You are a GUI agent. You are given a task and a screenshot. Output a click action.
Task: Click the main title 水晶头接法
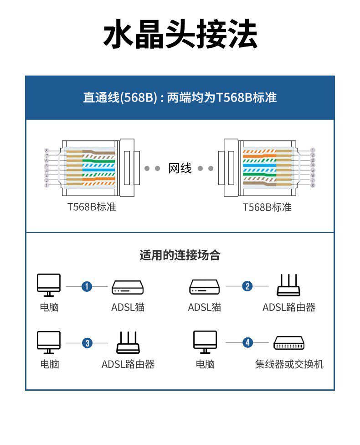point(180,35)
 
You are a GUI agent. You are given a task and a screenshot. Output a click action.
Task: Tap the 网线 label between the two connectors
point(180,168)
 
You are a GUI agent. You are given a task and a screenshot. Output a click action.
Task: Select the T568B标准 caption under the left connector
point(92,207)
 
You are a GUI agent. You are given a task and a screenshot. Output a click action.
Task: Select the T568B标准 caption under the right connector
point(267,207)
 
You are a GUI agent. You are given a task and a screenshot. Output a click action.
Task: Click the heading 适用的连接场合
point(180,255)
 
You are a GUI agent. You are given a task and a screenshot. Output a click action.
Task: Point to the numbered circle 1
point(87,286)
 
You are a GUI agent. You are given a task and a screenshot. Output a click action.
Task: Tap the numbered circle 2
point(247,286)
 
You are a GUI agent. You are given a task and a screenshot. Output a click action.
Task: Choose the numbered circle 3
point(87,343)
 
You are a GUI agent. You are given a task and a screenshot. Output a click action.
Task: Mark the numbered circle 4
point(247,342)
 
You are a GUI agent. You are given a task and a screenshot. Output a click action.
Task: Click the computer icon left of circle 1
point(49,285)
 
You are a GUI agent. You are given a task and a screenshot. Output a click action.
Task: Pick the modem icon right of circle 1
point(128,287)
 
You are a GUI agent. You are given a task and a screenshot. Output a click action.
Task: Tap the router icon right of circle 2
point(289,285)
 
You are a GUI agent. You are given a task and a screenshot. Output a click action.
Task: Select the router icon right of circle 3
point(128,342)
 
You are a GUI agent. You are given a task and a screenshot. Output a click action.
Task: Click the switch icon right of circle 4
point(289,343)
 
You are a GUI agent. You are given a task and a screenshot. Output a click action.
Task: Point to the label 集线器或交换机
point(289,364)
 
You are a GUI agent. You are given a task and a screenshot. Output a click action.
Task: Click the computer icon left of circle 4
point(205,342)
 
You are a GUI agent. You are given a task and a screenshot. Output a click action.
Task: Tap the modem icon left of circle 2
point(205,287)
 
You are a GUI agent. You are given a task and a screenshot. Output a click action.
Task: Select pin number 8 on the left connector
point(46,150)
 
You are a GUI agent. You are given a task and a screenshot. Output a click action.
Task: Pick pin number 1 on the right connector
point(313,150)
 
